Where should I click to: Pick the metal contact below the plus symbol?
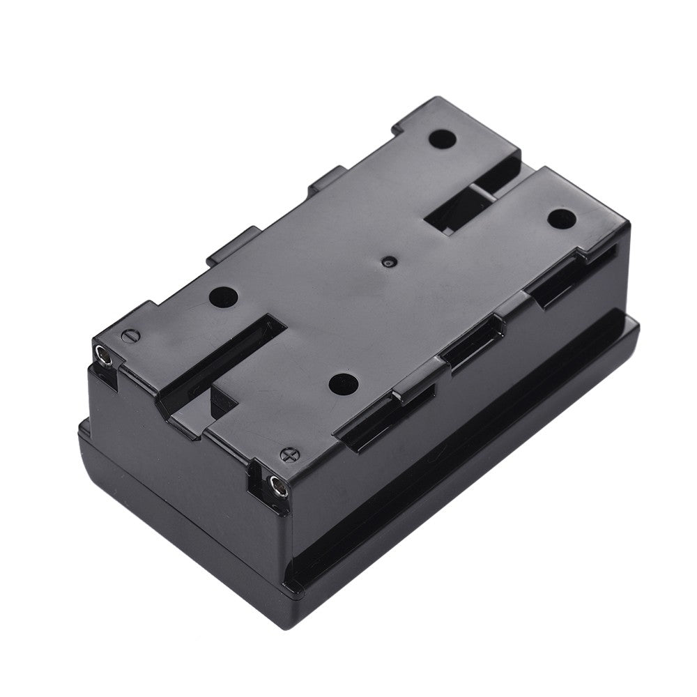277,487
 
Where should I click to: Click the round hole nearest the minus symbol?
224,298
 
